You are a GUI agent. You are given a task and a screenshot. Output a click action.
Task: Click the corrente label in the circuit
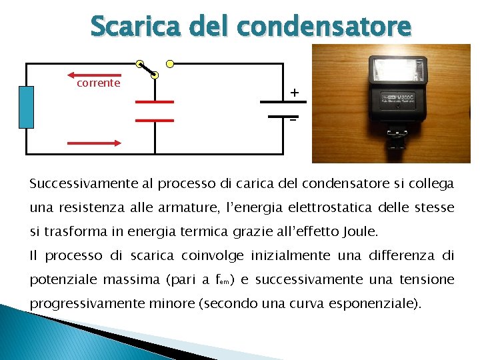98,83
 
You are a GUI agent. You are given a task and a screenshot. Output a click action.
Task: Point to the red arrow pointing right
93,142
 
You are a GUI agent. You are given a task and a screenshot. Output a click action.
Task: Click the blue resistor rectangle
26,107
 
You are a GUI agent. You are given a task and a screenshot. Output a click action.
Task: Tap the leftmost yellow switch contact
139,64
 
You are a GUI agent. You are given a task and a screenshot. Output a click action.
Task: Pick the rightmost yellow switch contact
170,64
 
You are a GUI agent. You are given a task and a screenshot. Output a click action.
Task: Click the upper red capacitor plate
155,102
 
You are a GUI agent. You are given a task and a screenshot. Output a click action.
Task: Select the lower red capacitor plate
155,121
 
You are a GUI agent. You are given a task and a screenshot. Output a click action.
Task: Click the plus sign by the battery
294,93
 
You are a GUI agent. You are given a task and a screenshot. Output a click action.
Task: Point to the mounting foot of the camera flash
397,141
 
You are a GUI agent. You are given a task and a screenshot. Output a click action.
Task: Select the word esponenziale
377,303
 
